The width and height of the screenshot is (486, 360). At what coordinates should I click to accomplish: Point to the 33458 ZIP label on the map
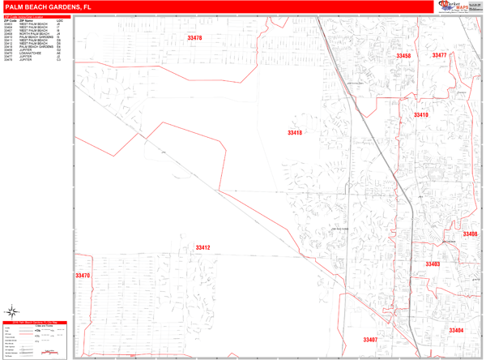(403, 56)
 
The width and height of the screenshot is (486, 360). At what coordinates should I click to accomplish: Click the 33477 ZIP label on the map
(440, 55)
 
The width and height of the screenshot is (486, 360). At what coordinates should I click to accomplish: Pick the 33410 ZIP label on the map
(420, 115)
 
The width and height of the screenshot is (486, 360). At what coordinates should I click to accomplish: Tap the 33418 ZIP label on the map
(294, 133)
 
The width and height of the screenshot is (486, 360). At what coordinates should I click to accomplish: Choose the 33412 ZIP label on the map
(202, 248)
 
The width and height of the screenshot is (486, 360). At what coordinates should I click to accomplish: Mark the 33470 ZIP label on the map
(83, 276)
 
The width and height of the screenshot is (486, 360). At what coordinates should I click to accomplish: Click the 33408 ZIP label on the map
(470, 234)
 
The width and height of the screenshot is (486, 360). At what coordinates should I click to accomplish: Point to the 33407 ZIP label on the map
(370, 340)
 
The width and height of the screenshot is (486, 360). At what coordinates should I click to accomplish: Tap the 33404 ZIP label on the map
(456, 331)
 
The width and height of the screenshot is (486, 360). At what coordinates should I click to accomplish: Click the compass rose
(13, 311)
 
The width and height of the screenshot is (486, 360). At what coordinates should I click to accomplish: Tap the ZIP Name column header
(26, 19)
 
